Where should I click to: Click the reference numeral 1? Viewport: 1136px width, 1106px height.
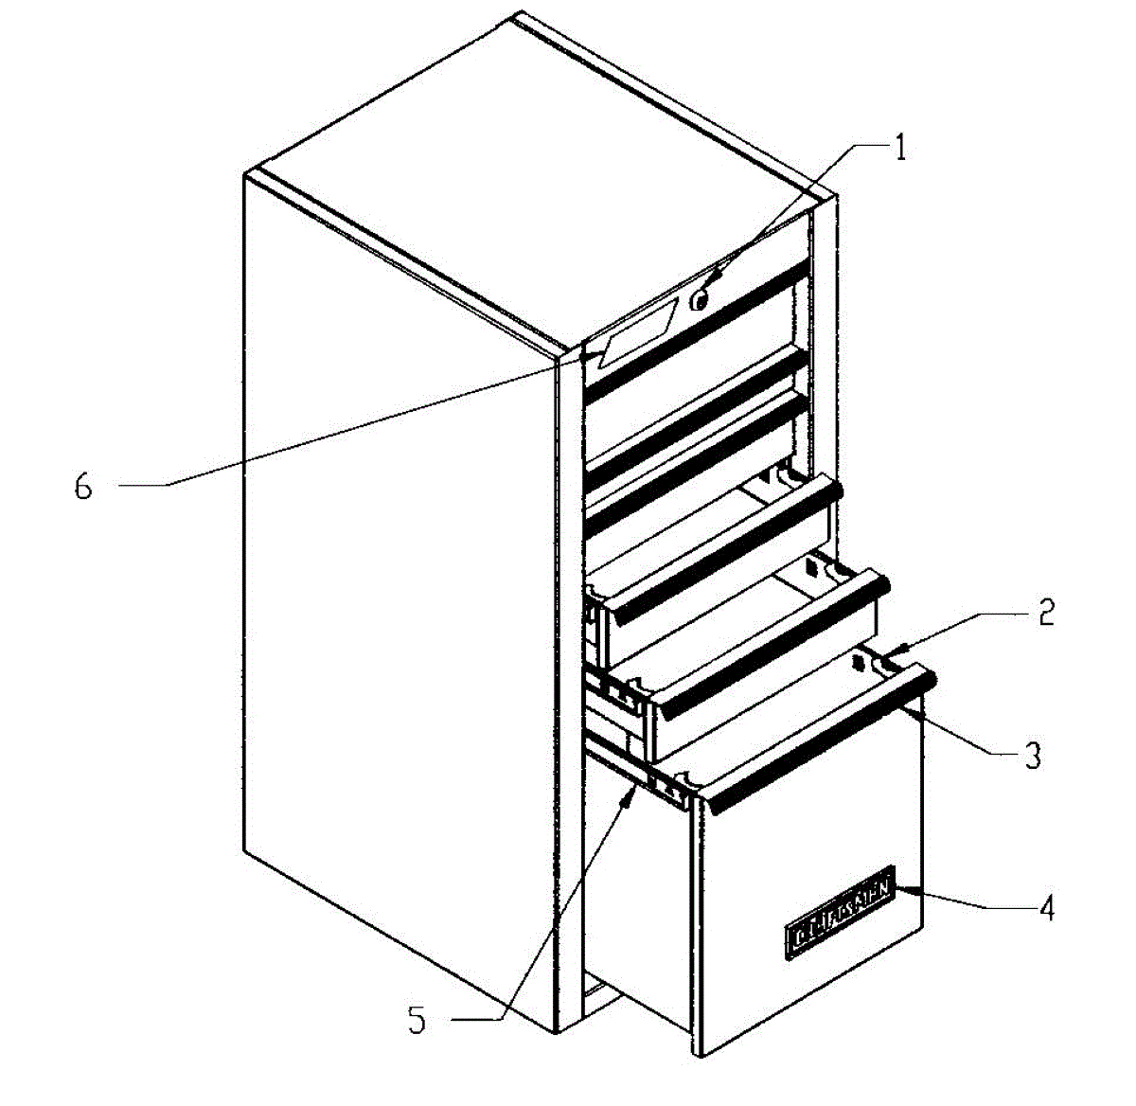click(x=900, y=149)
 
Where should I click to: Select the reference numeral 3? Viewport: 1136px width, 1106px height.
click(x=1033, y=755)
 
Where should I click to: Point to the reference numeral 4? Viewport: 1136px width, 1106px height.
click(x=1044, y=907)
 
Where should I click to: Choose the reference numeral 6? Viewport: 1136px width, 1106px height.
click(x=84, y=486)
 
